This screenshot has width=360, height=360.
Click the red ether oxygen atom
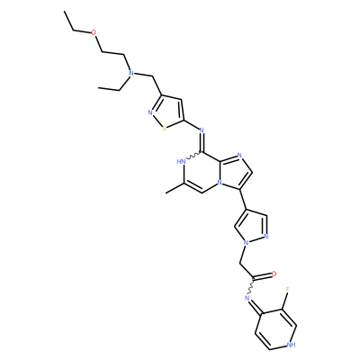tap(94, 32)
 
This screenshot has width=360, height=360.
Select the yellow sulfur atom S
tap(164, 129)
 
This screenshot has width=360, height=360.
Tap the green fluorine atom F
tap(288, 289)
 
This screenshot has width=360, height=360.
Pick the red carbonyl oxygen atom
tap(274, 274)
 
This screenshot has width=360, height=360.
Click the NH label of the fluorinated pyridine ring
tap(291, 345)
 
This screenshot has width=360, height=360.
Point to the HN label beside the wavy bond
tap(182, 162)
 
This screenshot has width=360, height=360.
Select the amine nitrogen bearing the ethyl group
tap(130, 73)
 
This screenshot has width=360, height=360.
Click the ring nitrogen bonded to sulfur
tap(150, 113)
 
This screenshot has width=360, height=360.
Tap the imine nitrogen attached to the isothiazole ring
tap(202, 130)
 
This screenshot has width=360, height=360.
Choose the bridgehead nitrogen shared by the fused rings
tap(220, 182)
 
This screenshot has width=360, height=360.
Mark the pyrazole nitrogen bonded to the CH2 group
tap(246, 242)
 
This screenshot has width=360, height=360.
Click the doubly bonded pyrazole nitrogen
tap(265, 237)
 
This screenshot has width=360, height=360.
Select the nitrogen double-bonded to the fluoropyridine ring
tap(247, 298)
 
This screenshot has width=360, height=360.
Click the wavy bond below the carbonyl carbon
tap(251, 286)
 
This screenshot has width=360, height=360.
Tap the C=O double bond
tap(262, 276)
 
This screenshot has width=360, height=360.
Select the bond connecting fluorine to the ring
tap(285, 301)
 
